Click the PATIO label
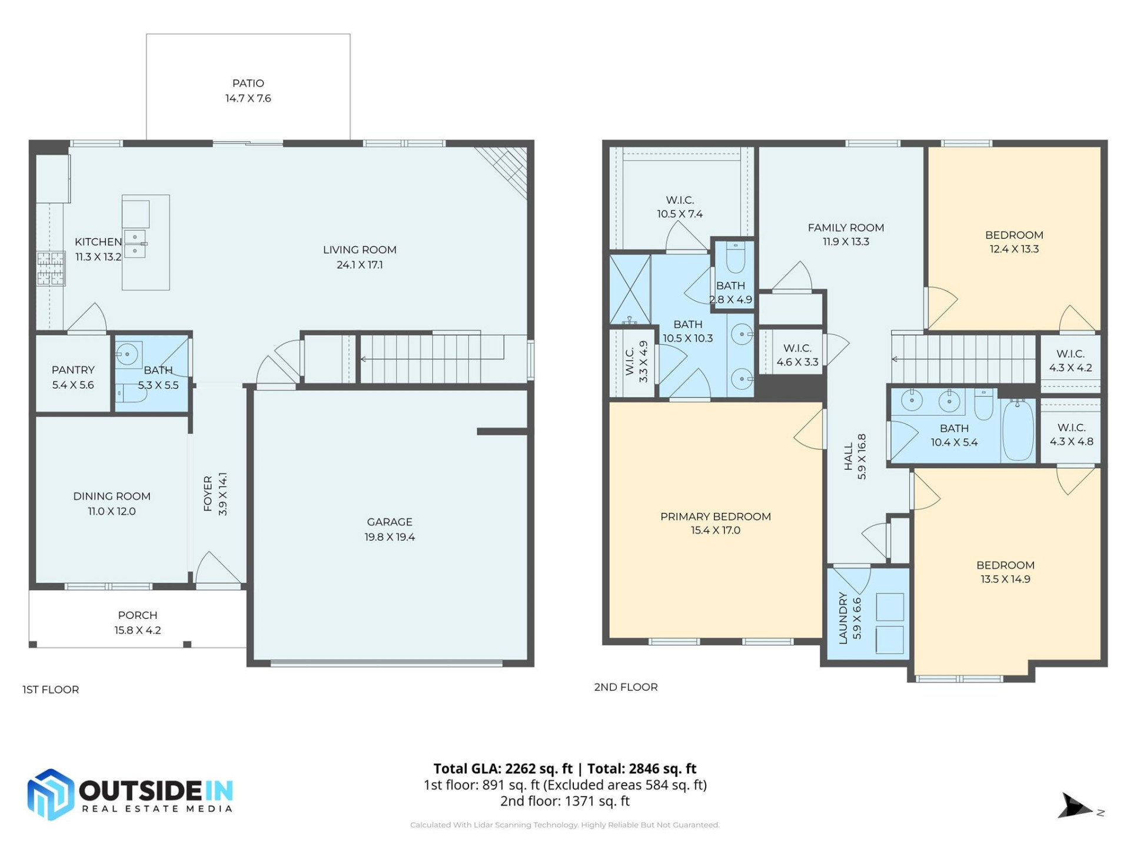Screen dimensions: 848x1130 (248, 83)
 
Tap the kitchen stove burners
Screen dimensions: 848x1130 (51, 268)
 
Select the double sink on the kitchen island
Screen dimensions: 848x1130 (135, 244)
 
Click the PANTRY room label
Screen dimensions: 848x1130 (73, 370)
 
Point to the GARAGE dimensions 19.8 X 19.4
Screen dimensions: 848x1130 (389, 537)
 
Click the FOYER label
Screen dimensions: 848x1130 (208, 493)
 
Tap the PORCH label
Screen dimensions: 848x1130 (137, 615)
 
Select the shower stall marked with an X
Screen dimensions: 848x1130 (630, 289)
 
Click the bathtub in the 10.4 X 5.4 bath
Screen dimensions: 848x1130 (1018, 430)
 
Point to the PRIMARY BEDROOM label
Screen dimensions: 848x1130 (715, 516)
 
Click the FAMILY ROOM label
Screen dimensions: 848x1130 (845, 227)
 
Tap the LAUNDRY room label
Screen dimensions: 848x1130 (843, 618)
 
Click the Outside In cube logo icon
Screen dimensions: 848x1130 (51, 794)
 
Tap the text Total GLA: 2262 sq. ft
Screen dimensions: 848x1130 (503, 768)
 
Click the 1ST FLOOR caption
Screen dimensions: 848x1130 (51, 690)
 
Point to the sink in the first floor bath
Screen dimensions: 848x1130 (127, 354)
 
